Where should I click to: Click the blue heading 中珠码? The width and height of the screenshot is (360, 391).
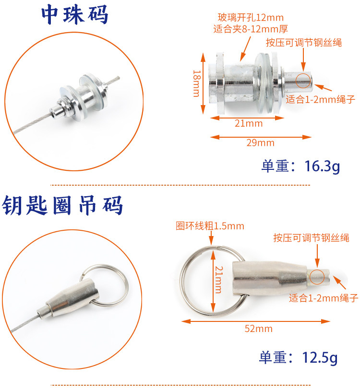pos(74,15)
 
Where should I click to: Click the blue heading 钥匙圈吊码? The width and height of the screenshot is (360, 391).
pos(62,205)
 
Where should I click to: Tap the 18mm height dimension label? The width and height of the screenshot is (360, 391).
pos(197,83)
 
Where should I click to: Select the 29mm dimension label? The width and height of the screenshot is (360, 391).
pos(261,142)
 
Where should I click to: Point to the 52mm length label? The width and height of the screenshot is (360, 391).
pos(258,329)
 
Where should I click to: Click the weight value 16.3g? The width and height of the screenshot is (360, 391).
pos(322,166)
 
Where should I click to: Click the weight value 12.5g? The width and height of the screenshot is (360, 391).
pos(320,357)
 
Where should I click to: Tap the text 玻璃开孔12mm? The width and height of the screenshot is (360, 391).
pos(251,17)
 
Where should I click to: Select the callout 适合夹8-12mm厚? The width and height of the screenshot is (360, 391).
pos(251,29)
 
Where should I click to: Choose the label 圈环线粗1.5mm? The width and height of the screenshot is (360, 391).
pos(210,226)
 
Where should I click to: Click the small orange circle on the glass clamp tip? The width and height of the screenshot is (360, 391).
pos(303,80)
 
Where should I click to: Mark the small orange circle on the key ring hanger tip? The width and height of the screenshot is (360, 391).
pos(317,277)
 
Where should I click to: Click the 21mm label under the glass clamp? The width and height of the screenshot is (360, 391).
pos(249,123)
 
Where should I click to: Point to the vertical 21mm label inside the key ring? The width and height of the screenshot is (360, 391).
pos(219,280)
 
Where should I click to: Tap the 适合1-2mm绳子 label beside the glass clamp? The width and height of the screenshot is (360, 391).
pos(320,99)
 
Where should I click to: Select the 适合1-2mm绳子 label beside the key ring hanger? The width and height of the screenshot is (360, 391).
pos(324,298)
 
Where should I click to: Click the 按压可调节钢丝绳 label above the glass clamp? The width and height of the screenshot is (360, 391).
pos(304,42)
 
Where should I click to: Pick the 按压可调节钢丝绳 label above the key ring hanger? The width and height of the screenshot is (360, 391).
pos(311,237)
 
